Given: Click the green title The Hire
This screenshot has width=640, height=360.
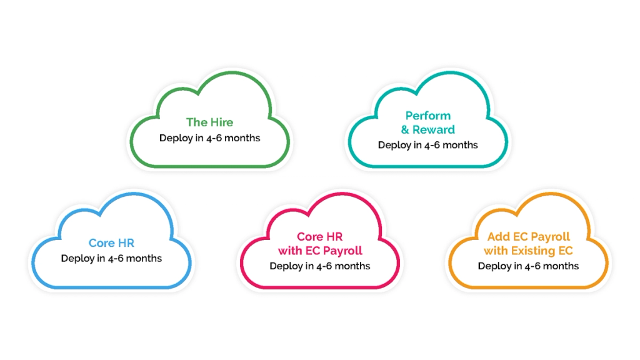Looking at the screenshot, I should (x=209, y=122).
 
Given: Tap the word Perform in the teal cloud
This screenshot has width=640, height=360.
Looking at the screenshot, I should (x=427, y=116).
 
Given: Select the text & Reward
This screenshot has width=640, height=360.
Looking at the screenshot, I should (x=427, y=130).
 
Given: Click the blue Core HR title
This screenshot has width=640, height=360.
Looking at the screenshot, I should (x=111, y=243).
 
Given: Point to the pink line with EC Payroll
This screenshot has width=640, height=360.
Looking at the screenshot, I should (x=320, y=251).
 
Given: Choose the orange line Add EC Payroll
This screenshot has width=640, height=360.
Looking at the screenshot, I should (x=528, y=237).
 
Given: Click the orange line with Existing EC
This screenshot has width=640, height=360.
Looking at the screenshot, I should (x=528, y=251).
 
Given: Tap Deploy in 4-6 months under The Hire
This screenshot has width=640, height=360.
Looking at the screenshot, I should (x=209, y=137).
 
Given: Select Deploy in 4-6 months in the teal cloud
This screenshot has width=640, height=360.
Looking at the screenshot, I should (x=427, y=145).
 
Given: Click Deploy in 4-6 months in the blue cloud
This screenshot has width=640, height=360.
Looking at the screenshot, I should (x=111, y=258).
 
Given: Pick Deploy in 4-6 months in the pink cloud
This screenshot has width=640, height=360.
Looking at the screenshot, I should (x=320, y=266).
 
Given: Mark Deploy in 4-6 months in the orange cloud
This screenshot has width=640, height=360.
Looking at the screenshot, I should (x=528, y=266).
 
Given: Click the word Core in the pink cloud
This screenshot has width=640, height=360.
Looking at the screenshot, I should (x=309, y=237).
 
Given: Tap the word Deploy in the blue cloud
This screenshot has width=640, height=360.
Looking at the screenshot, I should (x=77, y=258).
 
